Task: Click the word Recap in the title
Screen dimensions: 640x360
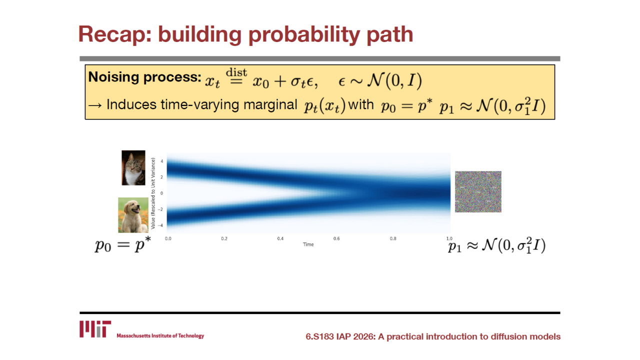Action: click(x=115, y=34)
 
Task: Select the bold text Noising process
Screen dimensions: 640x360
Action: click(x=145, y=77)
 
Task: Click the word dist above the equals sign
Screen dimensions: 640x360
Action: click(x=236, y=72)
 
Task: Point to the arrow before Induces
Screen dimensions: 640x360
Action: click(x=95, y=105)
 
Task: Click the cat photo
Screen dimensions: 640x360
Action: click(x=133, y=167)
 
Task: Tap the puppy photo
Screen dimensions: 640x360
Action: click(x=133, y=215)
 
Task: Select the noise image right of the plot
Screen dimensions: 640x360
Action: click(x=478, y=191)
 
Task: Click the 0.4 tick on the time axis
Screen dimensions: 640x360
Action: click(x=280, y=238)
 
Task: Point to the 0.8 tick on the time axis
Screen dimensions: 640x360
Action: click(x=393, y=238)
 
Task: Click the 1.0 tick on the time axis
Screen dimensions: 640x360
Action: click(x=449, y=238)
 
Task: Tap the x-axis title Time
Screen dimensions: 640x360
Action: click(x=308, y=244)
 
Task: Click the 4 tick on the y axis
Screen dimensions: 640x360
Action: click(x=161, y=161)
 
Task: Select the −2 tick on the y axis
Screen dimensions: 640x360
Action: click(x=160, y=209)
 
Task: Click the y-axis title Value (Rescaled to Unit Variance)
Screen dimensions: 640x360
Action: click(x=153, y=193)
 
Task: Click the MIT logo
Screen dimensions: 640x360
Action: click(x=95, y=329)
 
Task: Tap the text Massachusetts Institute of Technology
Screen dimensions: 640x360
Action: click(x=160, y=335)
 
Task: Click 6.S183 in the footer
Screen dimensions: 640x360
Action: click(x=319, y=336)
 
